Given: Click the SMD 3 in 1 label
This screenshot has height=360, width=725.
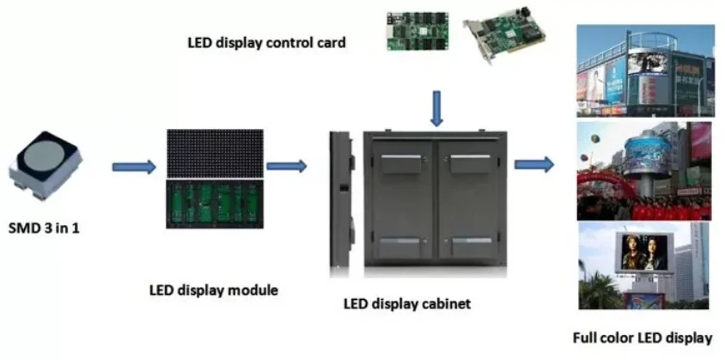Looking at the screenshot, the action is (47, 229).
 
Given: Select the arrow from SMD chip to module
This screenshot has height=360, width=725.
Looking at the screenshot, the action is (133, 166).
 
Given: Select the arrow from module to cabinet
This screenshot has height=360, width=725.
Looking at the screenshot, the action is (286, 166).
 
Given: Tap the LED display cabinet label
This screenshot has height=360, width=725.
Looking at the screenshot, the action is (407, 303).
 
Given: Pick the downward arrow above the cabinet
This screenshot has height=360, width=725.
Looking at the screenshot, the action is (438, 108).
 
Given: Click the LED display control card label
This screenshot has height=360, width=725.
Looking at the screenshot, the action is (266, 41).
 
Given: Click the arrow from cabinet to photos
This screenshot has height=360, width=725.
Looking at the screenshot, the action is (533, 165).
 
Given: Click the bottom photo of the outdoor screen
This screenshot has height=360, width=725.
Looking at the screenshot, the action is (643, 265).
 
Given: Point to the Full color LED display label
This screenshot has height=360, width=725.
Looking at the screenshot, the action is (643, 337).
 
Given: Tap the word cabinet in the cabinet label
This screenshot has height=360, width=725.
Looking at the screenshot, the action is (445, 303).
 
